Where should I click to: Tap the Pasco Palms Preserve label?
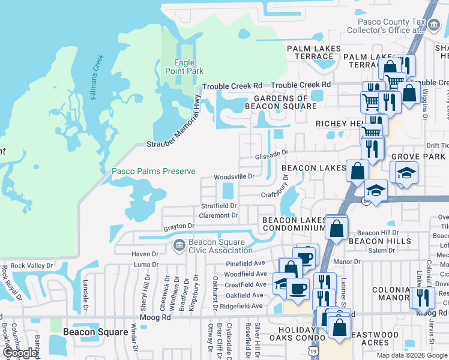(154, 172)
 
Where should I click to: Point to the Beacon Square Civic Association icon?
(179, 245)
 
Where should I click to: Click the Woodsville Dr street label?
(235, 177)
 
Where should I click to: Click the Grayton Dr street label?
(179, 227)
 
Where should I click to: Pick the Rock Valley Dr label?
(32, 265)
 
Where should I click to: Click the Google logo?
(20, 353)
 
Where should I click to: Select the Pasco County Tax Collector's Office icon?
(435, 22)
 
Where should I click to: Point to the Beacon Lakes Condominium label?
(293, 224)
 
